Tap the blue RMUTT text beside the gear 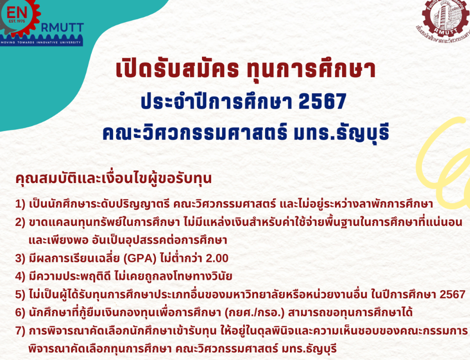click(x=62, y=28)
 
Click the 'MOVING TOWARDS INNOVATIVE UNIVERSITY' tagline click(x=41, y=42)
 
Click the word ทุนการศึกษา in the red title click(x=311, y=69)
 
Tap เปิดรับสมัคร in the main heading click(x=177, y=68)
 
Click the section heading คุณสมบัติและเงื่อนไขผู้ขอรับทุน click(x=113, y=178)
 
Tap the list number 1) click(x=20, y=204)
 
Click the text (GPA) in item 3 click(x=140, y=258)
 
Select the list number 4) click(x=20, y=276)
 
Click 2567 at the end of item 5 click(x=452, y=294)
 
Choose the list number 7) click(x=20, y=331)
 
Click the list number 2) click(x=20, y=222)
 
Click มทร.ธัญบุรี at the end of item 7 click(x=308, y=349)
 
